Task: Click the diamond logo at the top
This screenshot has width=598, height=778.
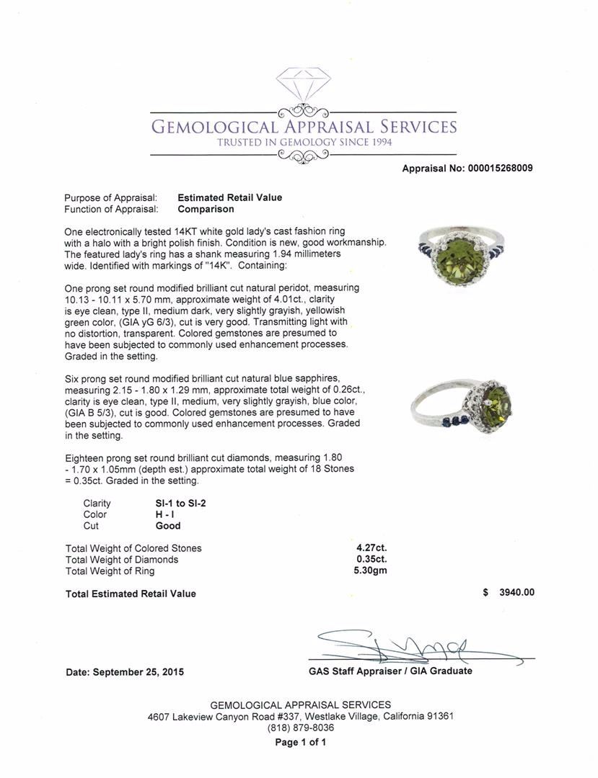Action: click(303, 86)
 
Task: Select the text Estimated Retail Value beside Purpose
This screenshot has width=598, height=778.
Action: click(229, 197)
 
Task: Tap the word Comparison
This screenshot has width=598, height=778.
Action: click(206, 209)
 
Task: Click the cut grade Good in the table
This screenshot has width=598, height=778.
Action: click(168, 526)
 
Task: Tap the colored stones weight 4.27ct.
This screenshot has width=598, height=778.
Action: click(371, 547)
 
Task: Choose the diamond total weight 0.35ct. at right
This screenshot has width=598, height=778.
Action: click(371, 559)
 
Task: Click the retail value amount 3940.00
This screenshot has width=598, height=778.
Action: click(516, 593)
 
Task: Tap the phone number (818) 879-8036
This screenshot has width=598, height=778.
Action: click(300, 728)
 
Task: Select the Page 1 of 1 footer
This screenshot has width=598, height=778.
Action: click(300, 742)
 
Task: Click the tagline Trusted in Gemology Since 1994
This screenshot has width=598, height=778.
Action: click(304, 143)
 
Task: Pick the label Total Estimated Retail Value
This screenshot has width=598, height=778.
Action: click(131, 594)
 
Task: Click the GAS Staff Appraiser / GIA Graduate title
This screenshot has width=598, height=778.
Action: click(390, 671)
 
